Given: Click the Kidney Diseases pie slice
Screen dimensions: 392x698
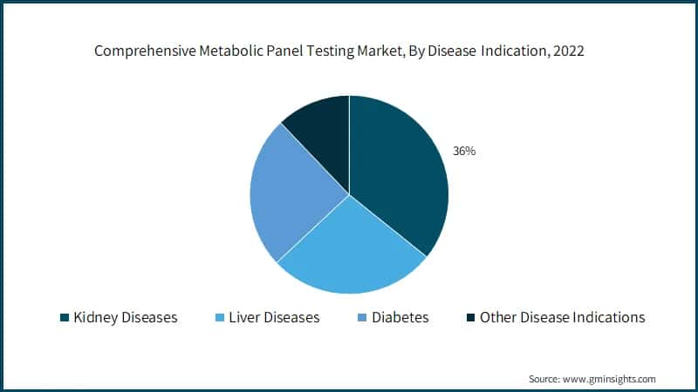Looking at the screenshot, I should tap(397, 174).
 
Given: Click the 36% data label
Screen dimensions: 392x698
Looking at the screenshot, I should tap(463, 151).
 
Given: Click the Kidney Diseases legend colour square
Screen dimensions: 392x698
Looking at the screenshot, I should tap(64, 317).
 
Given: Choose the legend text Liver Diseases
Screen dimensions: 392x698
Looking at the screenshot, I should tap(274, 317).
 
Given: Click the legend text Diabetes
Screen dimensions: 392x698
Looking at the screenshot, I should tap(400, 317).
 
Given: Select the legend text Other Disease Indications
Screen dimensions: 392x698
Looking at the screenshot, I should tap(563, 317).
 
